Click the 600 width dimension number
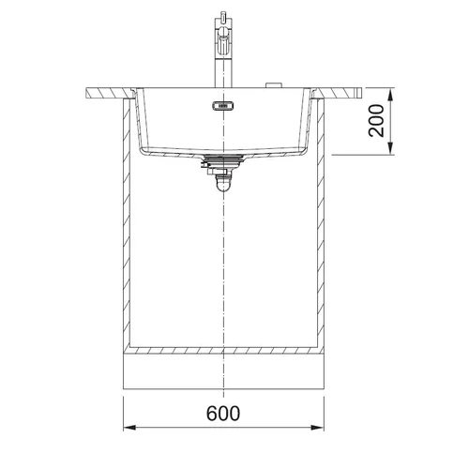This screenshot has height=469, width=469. pos(223,413)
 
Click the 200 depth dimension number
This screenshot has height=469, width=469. pos(376,121)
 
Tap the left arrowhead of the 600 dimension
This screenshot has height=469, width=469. pos(129,428)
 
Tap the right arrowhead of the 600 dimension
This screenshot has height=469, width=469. pos(318,428)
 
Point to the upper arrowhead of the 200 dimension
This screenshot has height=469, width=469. pos(390,95)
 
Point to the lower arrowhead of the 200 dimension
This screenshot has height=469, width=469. pos(390,148)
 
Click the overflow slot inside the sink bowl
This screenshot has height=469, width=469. pos(223,106)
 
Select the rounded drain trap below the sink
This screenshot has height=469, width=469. pos(222,183)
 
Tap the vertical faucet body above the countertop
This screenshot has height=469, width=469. pos(223,68)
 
